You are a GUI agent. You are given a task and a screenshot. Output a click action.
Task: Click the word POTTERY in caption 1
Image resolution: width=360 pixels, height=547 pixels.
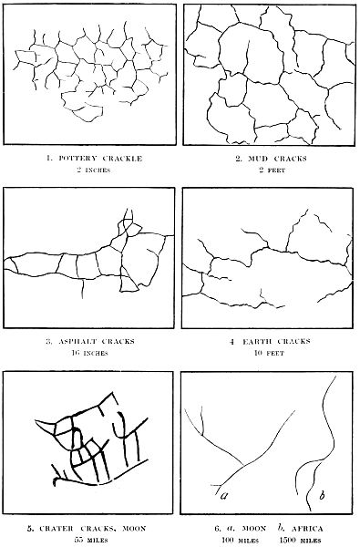[77, 159]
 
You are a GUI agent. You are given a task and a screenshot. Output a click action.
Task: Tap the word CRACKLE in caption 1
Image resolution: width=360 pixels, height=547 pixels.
[122, 159]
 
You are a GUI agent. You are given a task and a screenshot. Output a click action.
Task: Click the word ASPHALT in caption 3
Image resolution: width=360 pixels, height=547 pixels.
[75, 341]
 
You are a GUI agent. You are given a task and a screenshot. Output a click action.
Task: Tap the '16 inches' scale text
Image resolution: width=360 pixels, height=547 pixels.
[89, 353]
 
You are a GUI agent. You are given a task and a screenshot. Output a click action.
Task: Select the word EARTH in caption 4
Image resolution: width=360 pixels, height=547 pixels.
[256, 341]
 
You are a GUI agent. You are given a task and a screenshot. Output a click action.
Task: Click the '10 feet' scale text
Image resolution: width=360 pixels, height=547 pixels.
[269, 353]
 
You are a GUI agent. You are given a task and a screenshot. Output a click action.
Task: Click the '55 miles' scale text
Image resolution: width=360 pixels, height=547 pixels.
[92, 540]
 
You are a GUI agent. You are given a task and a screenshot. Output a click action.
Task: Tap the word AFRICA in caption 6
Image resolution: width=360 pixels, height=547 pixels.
[308, 528]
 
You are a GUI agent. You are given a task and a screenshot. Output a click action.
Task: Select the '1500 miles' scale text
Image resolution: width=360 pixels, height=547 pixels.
[300, 540]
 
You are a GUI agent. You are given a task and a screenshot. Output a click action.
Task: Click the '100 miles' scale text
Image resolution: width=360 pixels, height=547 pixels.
[240, 540]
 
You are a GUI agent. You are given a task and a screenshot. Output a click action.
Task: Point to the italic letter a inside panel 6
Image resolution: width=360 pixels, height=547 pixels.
[224, 494]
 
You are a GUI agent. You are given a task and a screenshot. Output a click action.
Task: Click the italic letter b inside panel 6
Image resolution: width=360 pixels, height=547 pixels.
[323, 494]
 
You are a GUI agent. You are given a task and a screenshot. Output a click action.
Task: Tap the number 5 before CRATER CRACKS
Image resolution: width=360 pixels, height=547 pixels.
[30, 528]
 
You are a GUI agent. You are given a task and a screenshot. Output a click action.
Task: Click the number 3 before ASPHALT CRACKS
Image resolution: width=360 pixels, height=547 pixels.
[49, 341]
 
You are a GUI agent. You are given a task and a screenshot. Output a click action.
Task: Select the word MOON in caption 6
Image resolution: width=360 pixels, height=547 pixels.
[253, 528]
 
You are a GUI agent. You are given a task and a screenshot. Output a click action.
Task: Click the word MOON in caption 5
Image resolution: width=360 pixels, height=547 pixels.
[134, 528]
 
